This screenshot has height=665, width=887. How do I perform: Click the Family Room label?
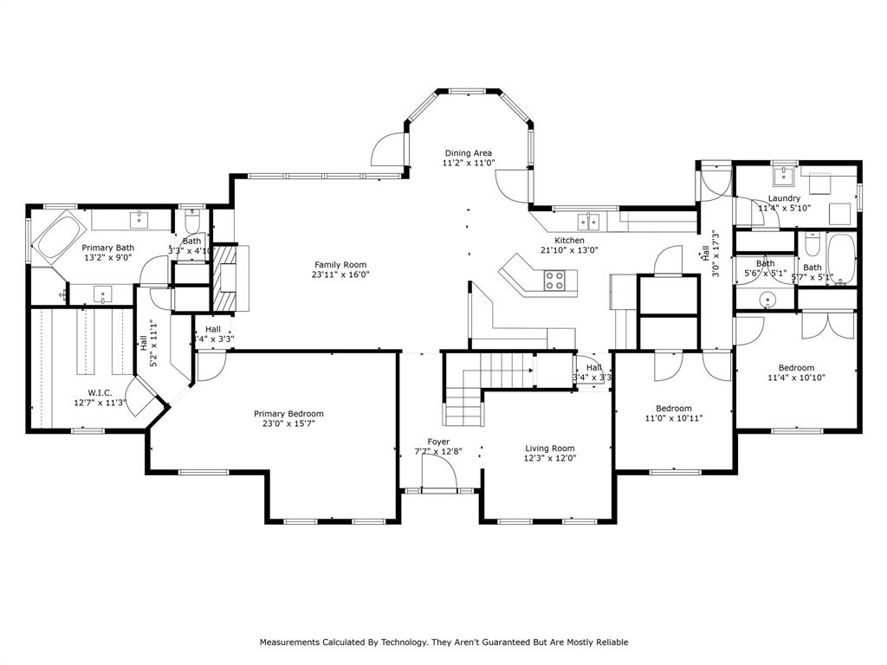(340, 265)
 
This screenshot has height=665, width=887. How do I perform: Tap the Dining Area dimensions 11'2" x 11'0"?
(469, 163)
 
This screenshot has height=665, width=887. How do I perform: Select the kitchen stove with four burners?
(554, 280)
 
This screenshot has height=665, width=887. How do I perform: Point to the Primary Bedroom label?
(288, 414)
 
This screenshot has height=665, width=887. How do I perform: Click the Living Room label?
(550, 449)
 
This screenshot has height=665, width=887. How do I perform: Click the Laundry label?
(783, 198)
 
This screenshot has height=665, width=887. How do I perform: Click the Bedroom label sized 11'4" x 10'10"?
(795, 367)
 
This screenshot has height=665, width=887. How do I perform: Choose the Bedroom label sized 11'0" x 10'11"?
(673, 409)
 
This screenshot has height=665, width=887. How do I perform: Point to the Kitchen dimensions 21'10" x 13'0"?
(569, 250)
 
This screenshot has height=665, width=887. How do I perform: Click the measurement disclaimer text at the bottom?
(443, 642)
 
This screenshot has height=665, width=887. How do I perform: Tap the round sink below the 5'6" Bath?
(766, 300)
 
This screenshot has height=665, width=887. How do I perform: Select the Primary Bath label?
(108, 248)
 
